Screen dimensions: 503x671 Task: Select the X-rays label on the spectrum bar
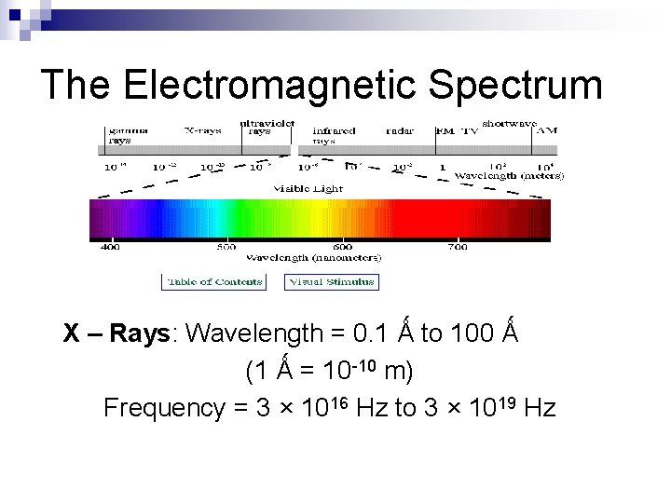(202, 131)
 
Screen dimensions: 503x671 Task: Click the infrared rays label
(334, 136)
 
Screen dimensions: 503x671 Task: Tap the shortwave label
(515, 123)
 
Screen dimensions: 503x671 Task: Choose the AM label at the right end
(547, 131)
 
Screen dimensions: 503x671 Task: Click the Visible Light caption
(307, 187)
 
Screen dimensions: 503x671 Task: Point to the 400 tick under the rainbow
(110, 248)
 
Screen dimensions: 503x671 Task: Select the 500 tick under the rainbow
(226, 248)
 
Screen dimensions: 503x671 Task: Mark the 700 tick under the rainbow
(457, 248)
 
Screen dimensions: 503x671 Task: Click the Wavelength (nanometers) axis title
(313, 257)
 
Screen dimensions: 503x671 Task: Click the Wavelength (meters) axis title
(508, 175)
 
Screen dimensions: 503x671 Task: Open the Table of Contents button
(213, 281)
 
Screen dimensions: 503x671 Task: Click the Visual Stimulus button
(332, 281)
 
